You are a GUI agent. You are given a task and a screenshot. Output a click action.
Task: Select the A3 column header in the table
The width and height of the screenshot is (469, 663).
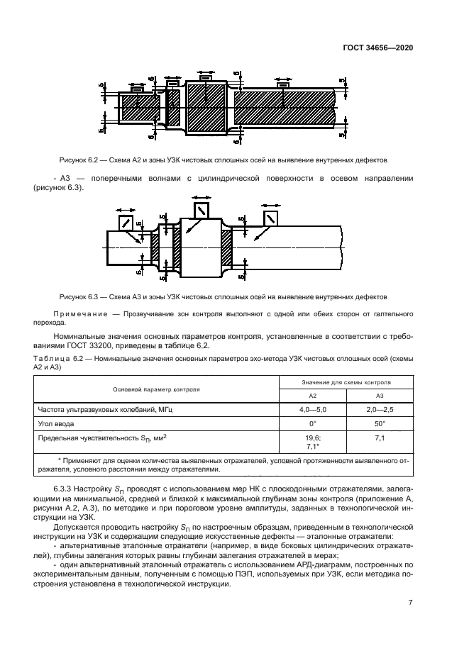(380, 396)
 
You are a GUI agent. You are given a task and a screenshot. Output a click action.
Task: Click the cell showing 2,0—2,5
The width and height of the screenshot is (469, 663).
(380, 409)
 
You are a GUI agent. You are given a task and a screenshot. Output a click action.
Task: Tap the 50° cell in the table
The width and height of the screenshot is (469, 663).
(380, 423)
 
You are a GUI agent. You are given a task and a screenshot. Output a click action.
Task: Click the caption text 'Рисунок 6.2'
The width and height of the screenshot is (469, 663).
(77, 160)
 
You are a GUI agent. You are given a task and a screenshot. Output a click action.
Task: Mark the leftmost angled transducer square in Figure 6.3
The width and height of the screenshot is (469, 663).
(126, 223)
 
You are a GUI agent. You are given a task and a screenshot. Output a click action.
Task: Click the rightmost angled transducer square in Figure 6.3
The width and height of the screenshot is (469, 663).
(270, 218)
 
